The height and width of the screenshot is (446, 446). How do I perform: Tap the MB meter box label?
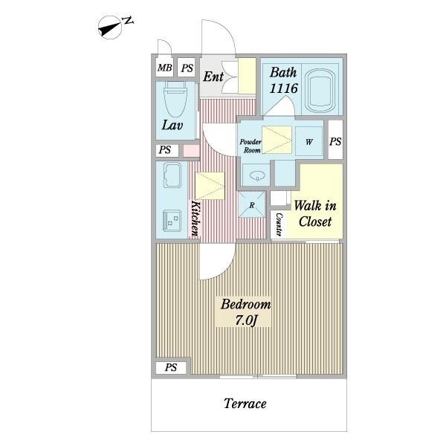[x=165, y=68]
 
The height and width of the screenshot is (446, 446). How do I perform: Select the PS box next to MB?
[x=187, y=68]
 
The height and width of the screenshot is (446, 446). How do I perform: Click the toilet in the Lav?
[x=175, y=99]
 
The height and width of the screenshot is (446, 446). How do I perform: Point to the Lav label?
[x=172, y=125]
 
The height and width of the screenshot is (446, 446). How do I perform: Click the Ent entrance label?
[x=213, y=77]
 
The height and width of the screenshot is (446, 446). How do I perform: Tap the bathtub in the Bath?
[x=320, y=90]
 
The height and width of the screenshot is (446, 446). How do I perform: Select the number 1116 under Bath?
[x=283, y=88]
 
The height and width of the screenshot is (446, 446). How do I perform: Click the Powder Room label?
[x=251, y=146]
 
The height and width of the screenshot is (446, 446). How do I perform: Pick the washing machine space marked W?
[x=309, y=141]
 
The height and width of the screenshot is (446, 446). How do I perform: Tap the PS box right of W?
[x=335, y=140]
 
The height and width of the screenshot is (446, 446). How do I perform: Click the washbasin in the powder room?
[x=257, y=175]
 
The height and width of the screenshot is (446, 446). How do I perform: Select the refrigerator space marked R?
[x=252, y=204]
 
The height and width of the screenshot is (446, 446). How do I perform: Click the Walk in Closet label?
[x=315, y=213]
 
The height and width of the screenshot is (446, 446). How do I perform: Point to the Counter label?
[x=279, y=224]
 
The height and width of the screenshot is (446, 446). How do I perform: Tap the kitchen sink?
[x=172, y=175]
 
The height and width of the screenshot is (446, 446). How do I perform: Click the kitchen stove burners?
[x=172, y=220]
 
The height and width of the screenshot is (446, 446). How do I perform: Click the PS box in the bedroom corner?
[x=171, y=367]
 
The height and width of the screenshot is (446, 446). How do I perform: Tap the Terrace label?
[x=245, y=404]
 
